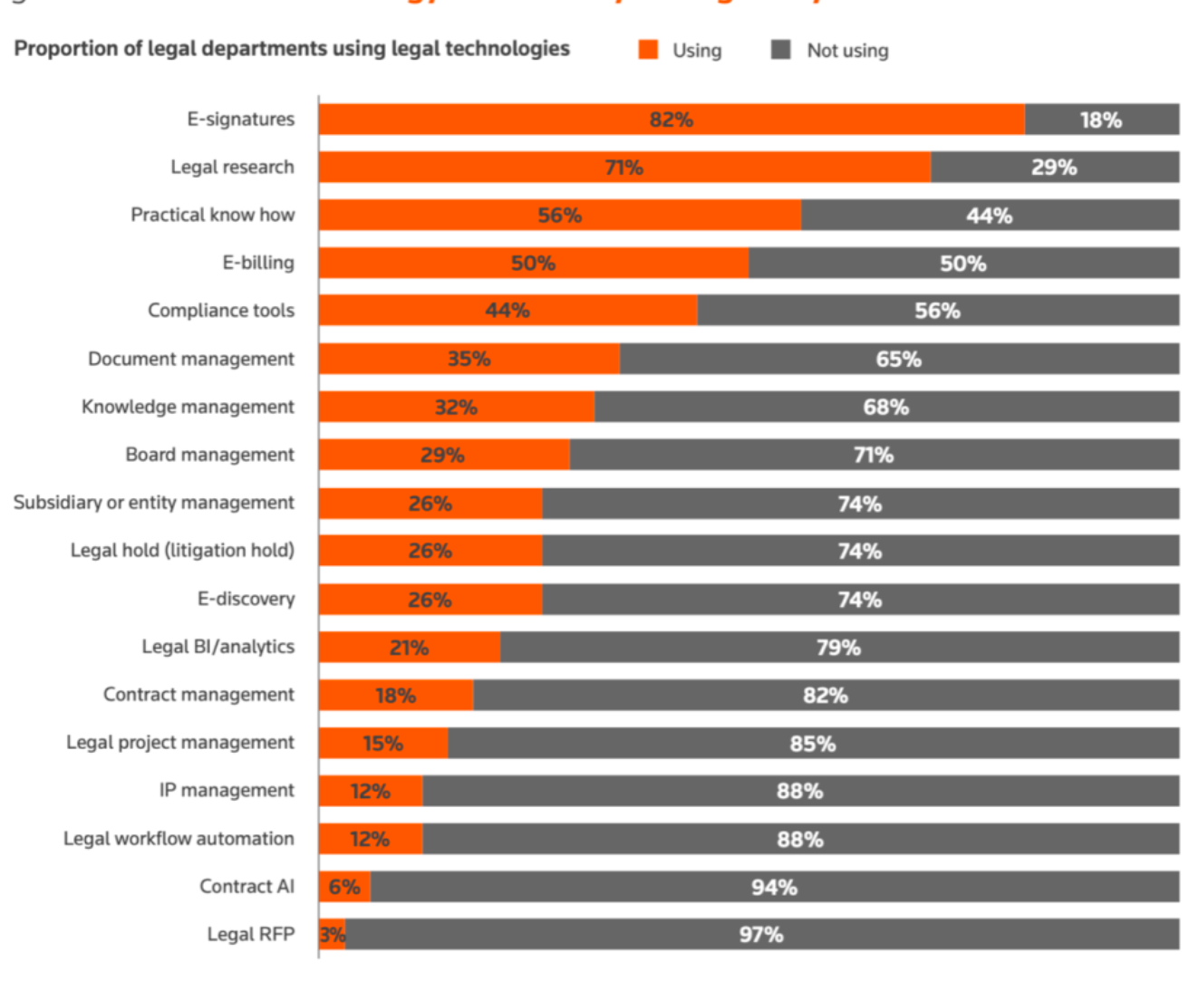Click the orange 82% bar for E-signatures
(x=671, y=120)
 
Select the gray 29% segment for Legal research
(x=1054, y=168)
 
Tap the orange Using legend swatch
(x=648, y=50)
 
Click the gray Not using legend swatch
(x=780, y=50)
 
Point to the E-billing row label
(x=258, y=263)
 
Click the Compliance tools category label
(x=221, y=311)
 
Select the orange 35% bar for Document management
(x=469, y=359)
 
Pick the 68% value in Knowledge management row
(x=885, y=407)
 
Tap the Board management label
(x=209, y=455)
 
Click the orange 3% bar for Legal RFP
(x=332, y=934)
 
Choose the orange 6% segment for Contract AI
(x=344, y=887)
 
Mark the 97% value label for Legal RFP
(x=760, y=935)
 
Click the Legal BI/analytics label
(x=217, y=647)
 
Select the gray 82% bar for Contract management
(x=825, y=696)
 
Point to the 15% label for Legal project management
(x=382, y=744)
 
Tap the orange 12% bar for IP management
(x=370, y=791)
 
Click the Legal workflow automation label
(x=179, y=839)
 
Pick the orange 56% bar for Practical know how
(x=559, y=216)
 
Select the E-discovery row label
(x=246, y=599)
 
